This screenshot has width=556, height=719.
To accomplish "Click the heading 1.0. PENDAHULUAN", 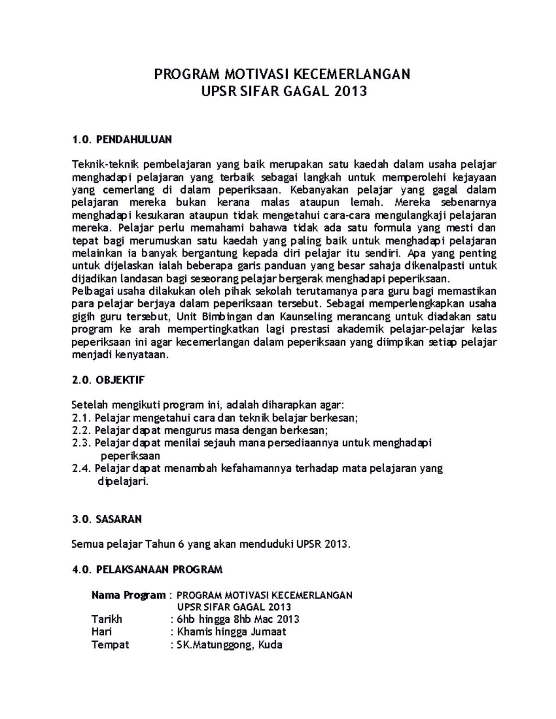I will tap(122, 139).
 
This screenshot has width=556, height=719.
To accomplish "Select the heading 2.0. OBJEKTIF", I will tap(109, 380).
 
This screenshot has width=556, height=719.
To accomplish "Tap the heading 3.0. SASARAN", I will tap(107, 519).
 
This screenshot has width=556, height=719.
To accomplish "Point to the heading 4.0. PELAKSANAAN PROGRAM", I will tap(148, 569).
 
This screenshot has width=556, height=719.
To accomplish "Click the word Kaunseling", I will tap(306, 317).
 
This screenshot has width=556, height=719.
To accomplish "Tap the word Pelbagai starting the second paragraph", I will tap(91, 291).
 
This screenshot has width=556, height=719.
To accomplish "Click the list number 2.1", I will tap(82, 418).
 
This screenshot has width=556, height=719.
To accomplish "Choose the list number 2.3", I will tap(82, 443).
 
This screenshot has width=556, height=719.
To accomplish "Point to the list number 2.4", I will tap(82, 469).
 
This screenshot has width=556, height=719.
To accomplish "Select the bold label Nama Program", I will tap(128, 595).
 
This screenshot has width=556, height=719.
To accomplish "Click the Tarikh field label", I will tap(107, 619).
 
